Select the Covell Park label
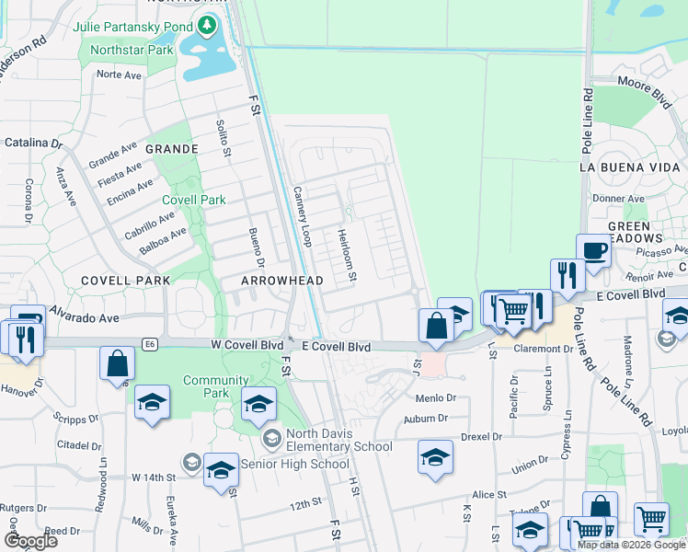(x=193, y=200)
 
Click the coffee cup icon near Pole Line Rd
(x=593, y=250)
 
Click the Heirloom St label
(x=347, y=255)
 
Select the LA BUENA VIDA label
(x=627, y=167)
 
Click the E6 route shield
(x=149, y=344)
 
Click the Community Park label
(x=216, y=380)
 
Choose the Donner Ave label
(x=618, y=198)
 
